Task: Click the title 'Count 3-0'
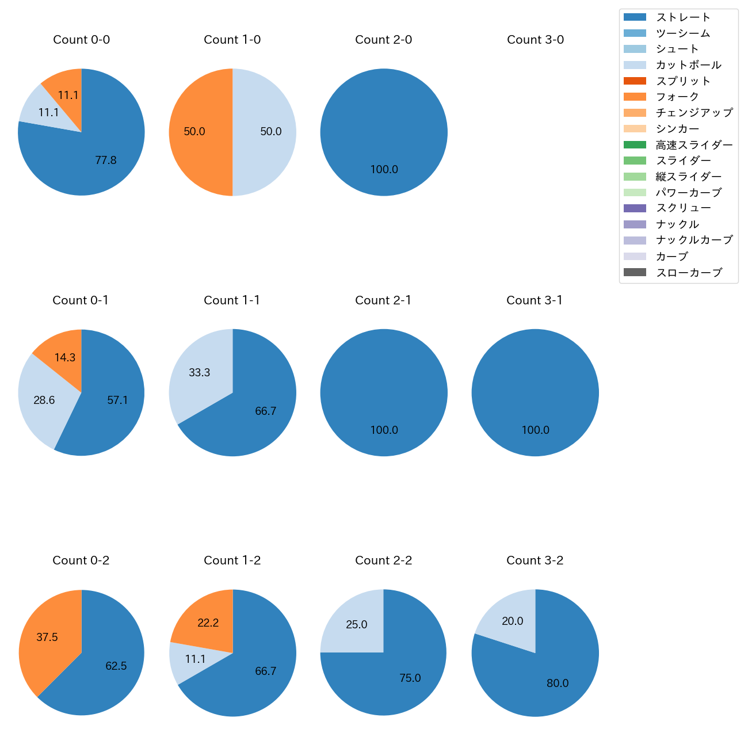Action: (x=535, y=40)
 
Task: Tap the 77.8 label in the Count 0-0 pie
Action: (x=106, y=161)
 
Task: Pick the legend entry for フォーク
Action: (x=677, y=97)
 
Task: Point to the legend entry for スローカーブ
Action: (x=689, y=273)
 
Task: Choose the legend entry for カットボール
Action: (x=688, y=65)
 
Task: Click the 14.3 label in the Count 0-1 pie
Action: (x=65, y=357)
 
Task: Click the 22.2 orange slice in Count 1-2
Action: (x=208, y=623)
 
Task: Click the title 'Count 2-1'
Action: (x=383, y=300)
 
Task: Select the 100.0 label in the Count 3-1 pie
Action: (x=535, y=430)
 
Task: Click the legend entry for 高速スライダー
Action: (x=694, y=145)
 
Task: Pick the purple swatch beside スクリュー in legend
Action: (x=635, y=208)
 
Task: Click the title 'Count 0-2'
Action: (x=81, y=560)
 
